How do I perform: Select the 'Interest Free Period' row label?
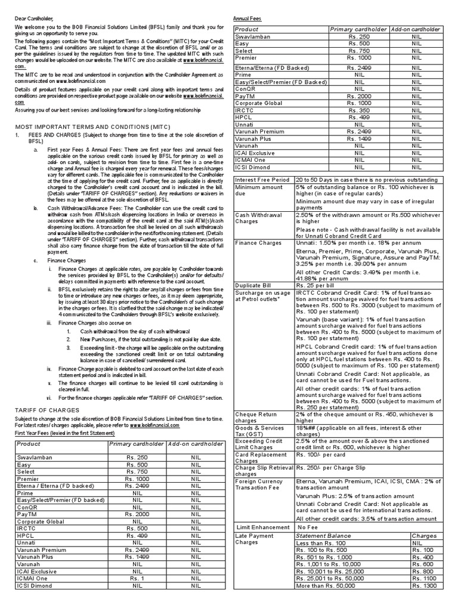262,180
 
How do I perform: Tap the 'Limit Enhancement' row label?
264,527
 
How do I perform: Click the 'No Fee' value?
308,527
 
